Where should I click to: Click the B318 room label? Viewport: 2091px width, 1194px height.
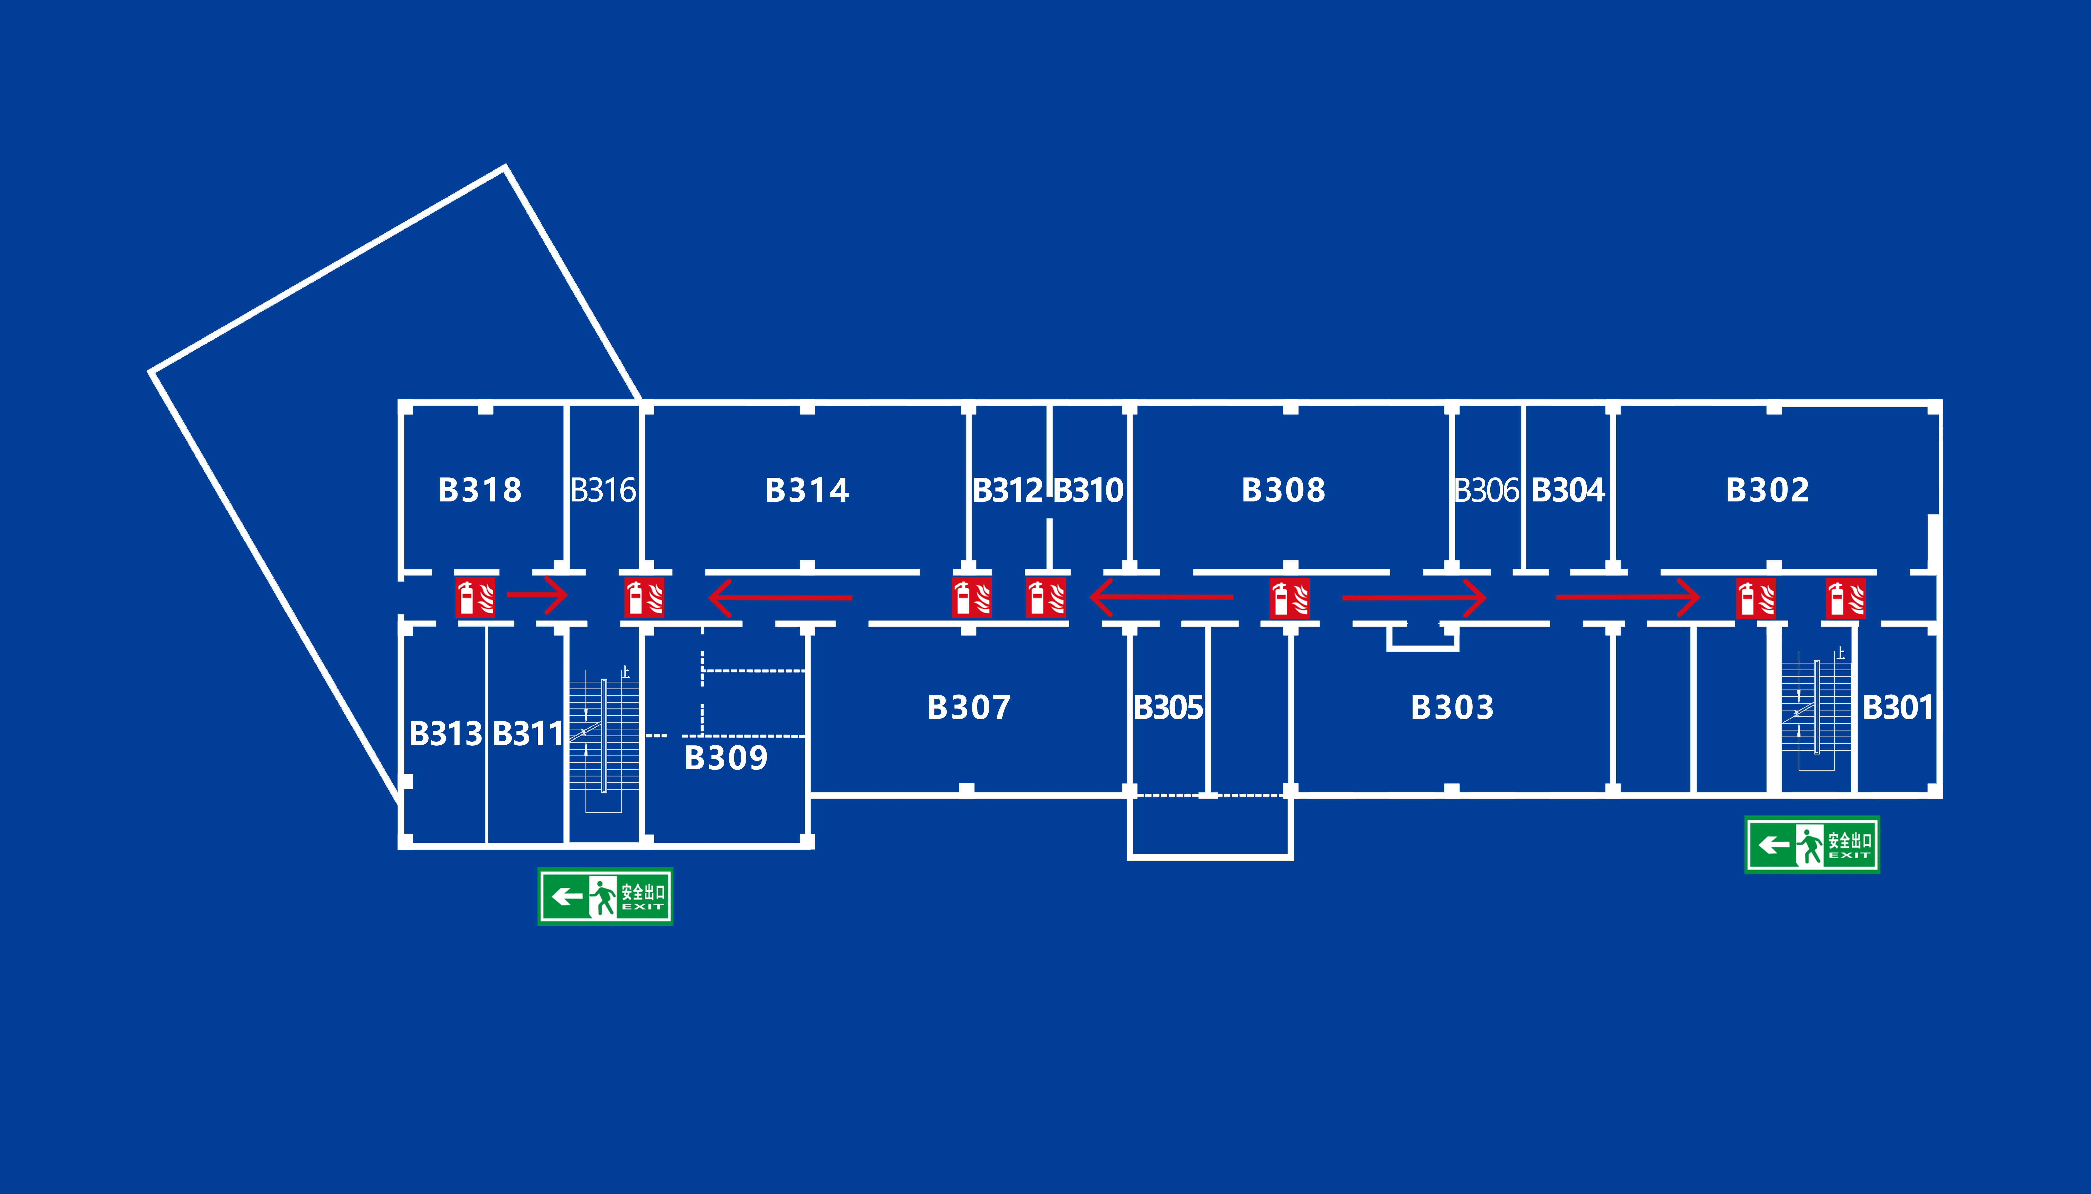(x=480, y=490)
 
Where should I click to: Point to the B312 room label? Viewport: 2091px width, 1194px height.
(x=1007, y=490)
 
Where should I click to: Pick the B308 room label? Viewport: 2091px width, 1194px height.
(x=1283, y=490)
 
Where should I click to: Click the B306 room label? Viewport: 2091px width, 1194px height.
(x=1486, y=490)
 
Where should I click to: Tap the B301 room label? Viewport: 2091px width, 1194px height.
(x=1898, y=707)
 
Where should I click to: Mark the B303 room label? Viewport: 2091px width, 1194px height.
(x=1452, y=707)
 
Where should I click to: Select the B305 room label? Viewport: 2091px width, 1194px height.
(x=1168, y=707)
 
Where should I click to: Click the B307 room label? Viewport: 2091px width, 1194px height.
(x=969, y=707)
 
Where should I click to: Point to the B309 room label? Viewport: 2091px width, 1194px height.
(x=726, y=758)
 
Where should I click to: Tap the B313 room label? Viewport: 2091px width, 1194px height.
(x=445, y=733)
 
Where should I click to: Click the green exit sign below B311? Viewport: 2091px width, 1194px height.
(x=605, y=896)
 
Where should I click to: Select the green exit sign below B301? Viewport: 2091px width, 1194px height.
(x=1811, y=845)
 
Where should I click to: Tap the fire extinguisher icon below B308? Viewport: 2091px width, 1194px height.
(x=1290, y=598)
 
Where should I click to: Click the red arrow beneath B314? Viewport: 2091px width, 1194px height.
(x=779, y=598)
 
